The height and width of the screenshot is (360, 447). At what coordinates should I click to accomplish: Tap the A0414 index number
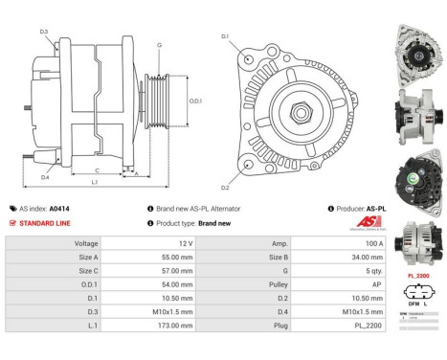tap(59, 208)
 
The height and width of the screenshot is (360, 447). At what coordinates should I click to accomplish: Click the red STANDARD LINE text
tap(44, 222)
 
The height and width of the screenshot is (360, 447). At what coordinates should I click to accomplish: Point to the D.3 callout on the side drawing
tap(44, 33)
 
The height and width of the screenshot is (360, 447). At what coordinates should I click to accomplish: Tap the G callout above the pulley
tap(159, 44)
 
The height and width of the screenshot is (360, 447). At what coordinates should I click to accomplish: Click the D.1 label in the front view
tap(225, 36)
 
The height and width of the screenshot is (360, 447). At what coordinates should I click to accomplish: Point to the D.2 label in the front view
tap(225, 187)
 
